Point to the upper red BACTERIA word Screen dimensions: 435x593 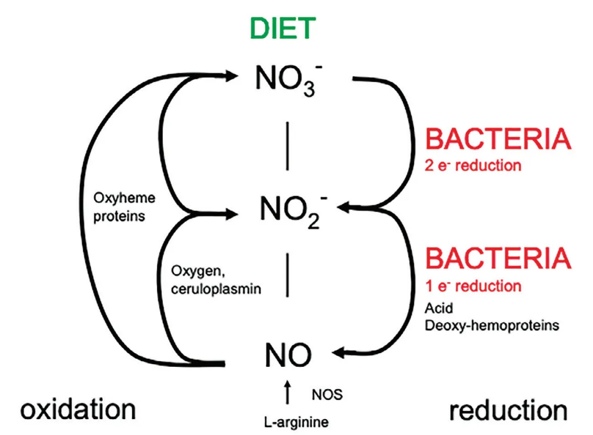[x=498, y=140]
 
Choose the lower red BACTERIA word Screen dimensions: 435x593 [x=498, y=259]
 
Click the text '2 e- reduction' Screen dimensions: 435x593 [x=473, y=165]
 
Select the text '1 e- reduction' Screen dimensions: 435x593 [x=473, y=286]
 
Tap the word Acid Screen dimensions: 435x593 [x=438, y=309]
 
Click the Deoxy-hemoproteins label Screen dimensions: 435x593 [x=491, y=325]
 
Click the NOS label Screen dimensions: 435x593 [x=327, y=394]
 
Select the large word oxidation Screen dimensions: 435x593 [x=78, y=409]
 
